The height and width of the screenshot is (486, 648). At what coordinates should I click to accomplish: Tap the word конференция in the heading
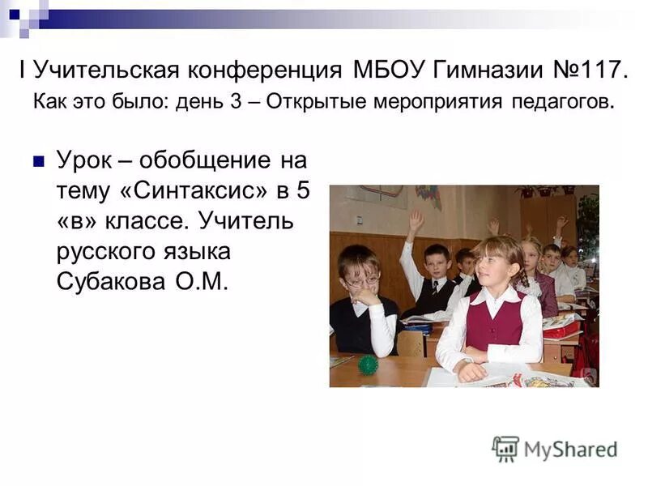pyautogui.click(x=275, y=70)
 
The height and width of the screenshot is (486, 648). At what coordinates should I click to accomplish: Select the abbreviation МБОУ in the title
pyautogui.click(x=380, y=70)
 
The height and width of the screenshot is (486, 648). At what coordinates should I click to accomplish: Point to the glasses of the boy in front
pyautogui.click(x=362, y=281)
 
